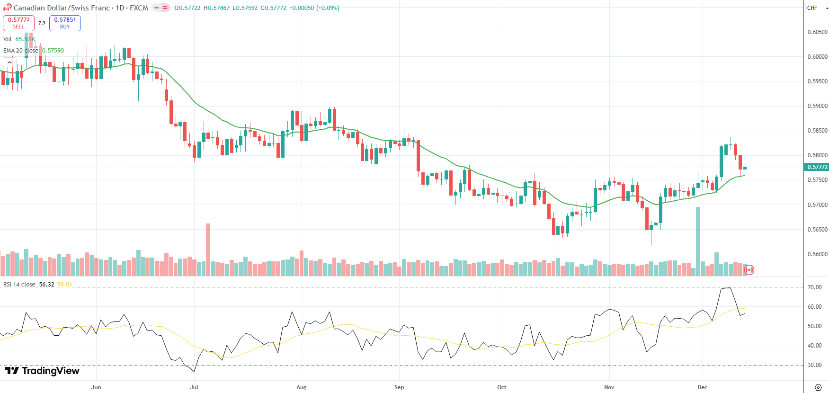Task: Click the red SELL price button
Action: (18, 23)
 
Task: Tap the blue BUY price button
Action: (65, 23)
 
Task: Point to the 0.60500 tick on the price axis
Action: (817, 32)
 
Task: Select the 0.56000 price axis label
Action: (817, 254)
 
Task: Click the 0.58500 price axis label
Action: (817, 131)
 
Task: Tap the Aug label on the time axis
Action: (302, 387)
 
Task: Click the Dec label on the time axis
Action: (702, 387)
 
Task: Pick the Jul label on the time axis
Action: (194, 387)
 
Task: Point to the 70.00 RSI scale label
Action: (814, 287)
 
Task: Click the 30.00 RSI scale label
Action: (814, 365)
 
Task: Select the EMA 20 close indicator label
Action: (21, 51)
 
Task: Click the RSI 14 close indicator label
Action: (19, 285)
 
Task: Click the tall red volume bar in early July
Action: (208, 249)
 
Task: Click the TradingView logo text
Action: (42, 371)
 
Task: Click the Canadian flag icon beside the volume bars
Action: (749, 270)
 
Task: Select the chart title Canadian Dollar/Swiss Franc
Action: (62, 8)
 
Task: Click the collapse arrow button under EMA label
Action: (9, 63)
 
